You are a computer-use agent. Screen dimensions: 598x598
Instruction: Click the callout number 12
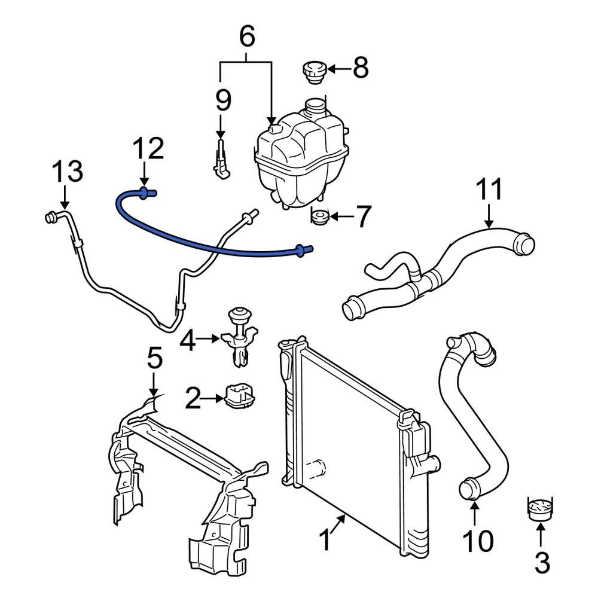(147, 150)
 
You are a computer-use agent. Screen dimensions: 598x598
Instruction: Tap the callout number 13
(66, 172)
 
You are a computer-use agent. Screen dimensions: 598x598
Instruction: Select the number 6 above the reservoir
(247, 37)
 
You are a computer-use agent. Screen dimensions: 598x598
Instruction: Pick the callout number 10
(478, 541)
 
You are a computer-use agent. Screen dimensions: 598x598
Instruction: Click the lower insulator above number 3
(539, 507)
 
